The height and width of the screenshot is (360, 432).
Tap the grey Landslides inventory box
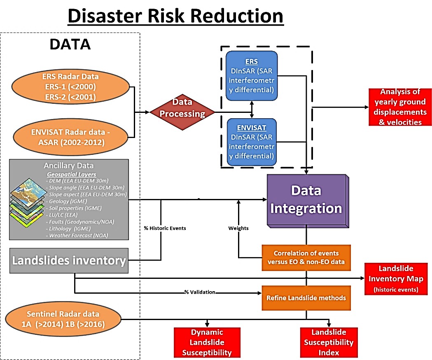click(x=69, y=261)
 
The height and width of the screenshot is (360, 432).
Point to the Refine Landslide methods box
click(x=306, y=298)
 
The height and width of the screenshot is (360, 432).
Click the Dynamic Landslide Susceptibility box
click(x=207, y=342)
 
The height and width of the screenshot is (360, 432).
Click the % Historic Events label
click(x=164, y=228)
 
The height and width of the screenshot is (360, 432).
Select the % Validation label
click(x=200, y=292)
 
